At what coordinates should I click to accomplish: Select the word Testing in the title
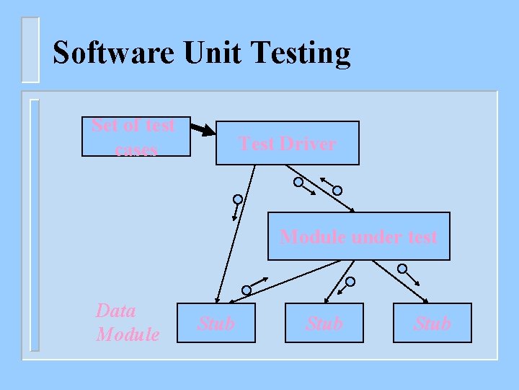(303, 54)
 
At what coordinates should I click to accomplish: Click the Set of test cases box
(135, 136)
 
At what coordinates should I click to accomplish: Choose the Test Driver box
(287, 143)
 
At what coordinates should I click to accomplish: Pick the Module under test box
(358, 236)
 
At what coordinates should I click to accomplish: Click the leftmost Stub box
(216, 323)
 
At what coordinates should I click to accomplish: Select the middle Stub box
(324, 323)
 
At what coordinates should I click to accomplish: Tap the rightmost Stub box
(432, 323)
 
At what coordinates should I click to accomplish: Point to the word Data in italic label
(116, 311)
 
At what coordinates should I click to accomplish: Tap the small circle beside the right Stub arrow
(402, 269)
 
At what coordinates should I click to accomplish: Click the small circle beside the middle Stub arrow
(350, 281)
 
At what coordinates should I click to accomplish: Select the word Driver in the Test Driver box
(308, 144)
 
